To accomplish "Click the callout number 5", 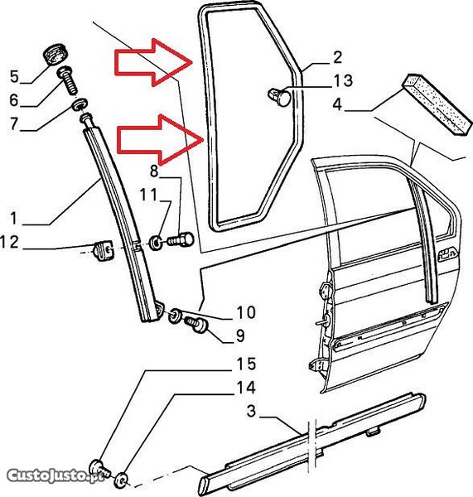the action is pyautogui.click(x=15, y=77).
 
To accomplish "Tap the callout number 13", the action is pyautogui.click(x=343, y=80).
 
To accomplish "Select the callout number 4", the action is pyautogui.click(x=337, y=104).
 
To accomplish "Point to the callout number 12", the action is pyautogui.click(x=9, y=242).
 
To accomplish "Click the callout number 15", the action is pyautogui.click(x=246, y=364).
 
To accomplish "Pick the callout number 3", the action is pyautogui.click(x=251, y=411).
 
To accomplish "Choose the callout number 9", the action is pyautogui.click(x=240, y=335).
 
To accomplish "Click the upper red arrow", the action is pyautogui.click(x=153, y=62).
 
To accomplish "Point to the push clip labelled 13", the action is pyautogui.click(x=279, y=97).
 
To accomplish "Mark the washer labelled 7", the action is pyautogui.click(x=80, y=104).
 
